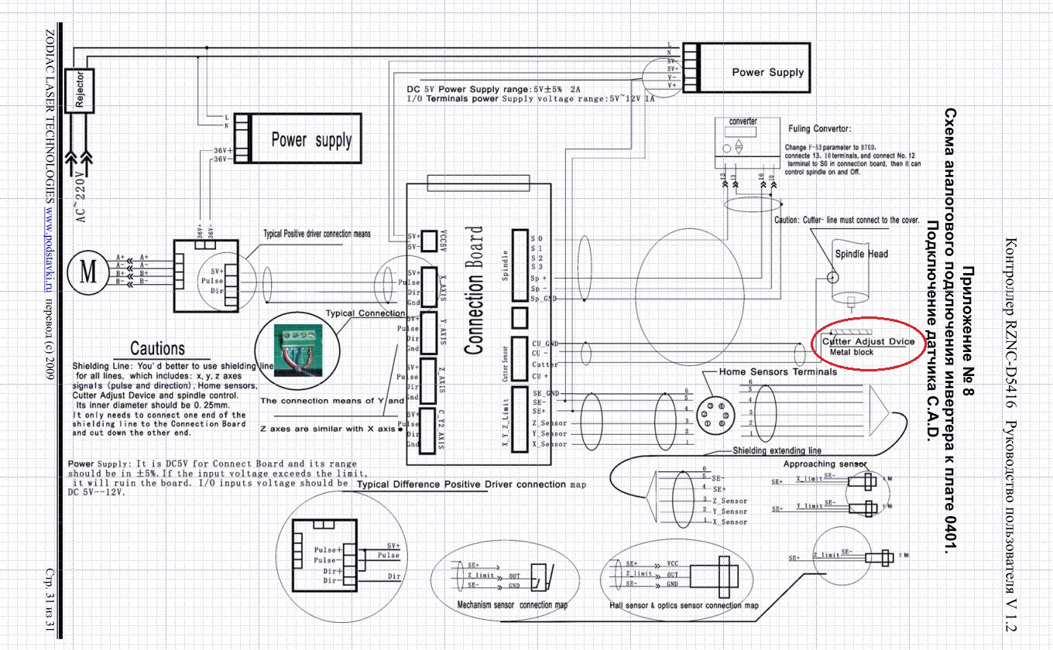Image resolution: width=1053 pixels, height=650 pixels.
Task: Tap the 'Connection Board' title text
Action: pos(475,290)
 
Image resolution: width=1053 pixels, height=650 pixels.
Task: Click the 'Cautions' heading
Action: pos(157,348)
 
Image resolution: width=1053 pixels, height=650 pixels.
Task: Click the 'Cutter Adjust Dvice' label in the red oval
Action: pos(867,341)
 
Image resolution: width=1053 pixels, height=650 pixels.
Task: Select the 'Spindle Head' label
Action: pos(861,254)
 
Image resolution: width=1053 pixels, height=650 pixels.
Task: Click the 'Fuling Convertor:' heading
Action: pos(819,129)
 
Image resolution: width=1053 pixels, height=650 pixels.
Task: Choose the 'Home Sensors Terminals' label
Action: pos(777,371)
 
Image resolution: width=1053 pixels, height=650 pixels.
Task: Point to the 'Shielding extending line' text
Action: pos(777,450)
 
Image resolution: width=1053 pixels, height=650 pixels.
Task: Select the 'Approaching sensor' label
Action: pos(825,464)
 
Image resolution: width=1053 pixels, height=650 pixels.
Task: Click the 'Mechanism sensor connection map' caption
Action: pos(512,604)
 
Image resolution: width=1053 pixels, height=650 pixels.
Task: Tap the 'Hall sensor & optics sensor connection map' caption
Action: pos(684,605)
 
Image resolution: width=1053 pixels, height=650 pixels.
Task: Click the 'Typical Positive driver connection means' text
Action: pos(317,233)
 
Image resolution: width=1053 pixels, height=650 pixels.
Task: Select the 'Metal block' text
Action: pos(851,351)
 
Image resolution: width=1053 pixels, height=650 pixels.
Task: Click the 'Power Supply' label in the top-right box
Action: pos(767,72)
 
